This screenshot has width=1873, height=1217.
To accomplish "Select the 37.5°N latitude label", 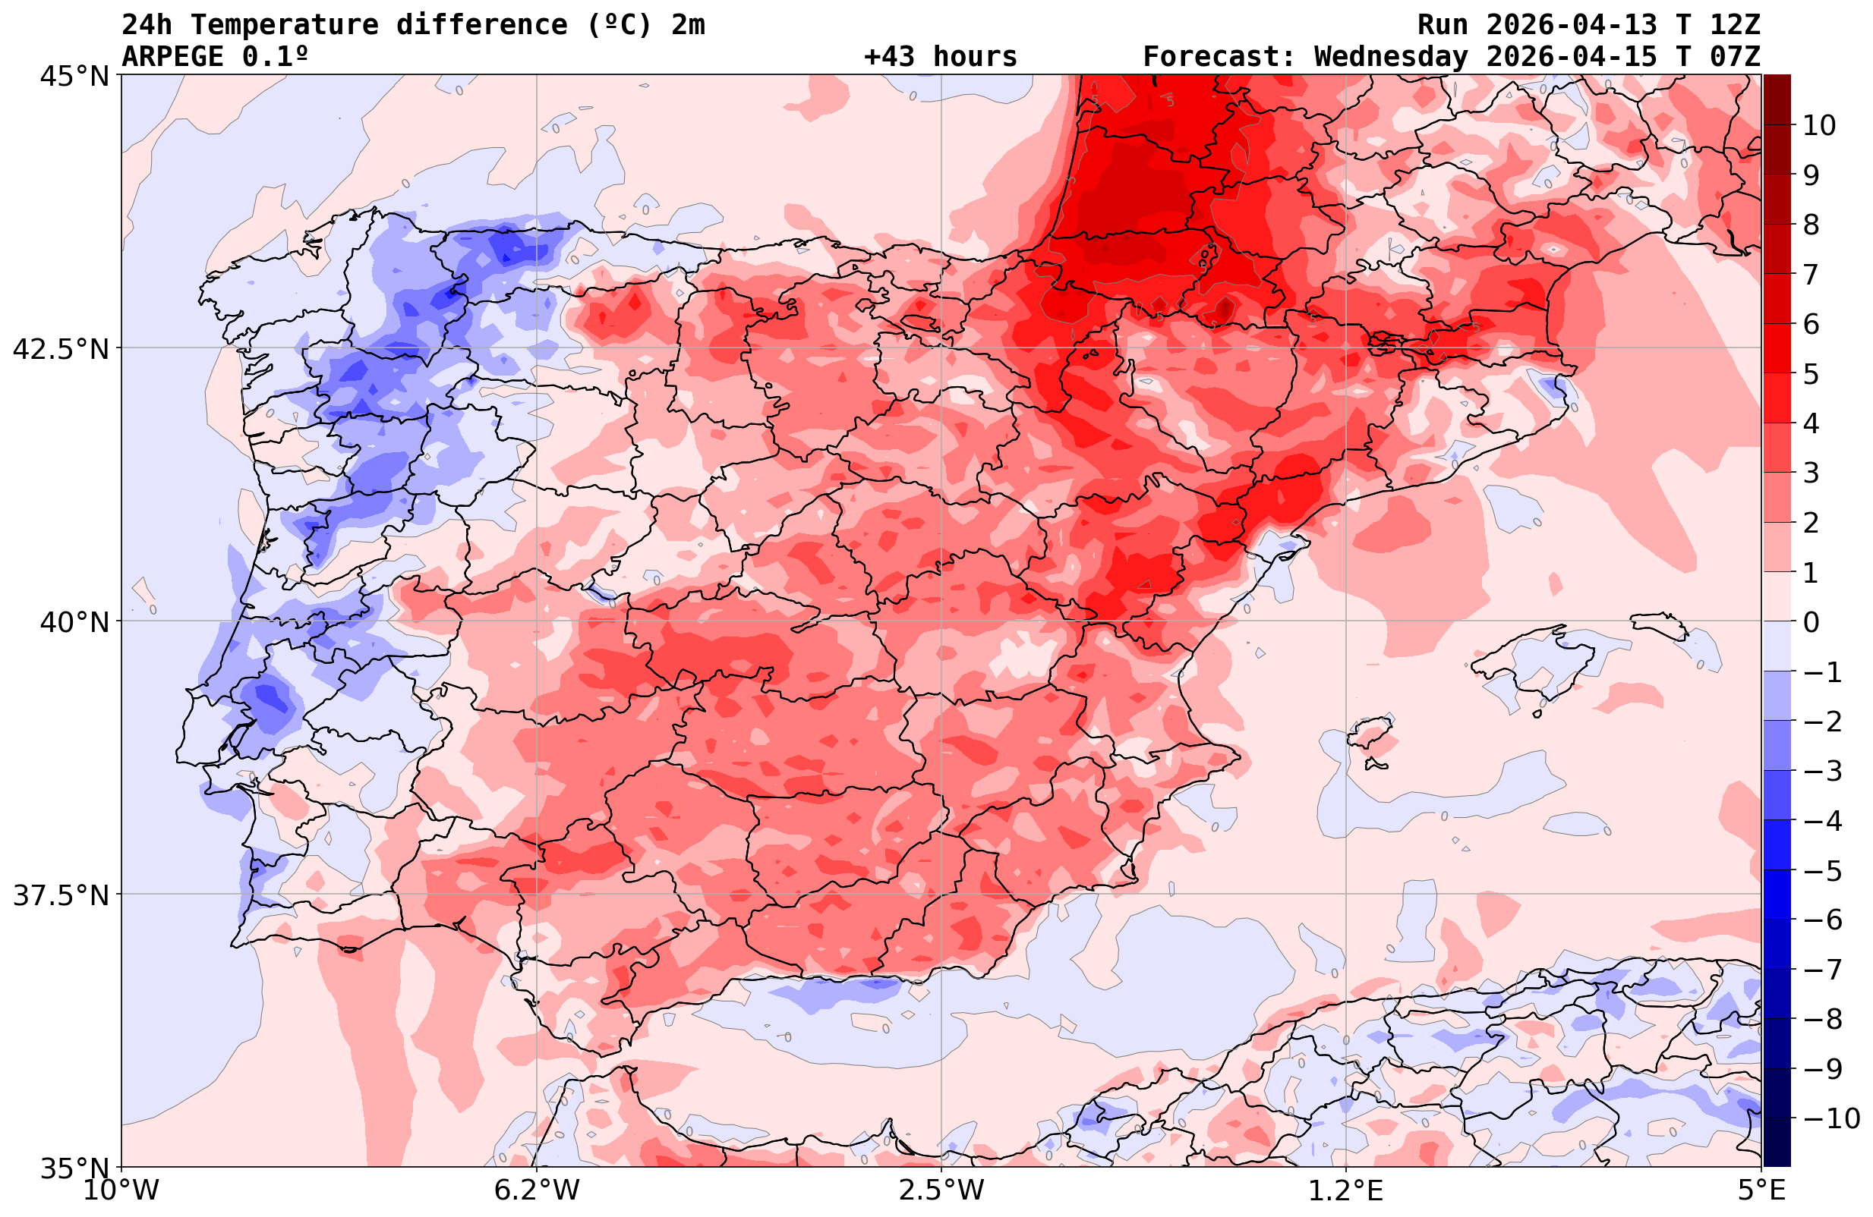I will (61, 895).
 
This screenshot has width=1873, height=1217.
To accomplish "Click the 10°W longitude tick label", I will (121, 1190).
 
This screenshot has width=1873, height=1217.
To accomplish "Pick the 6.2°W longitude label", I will (537, 1190).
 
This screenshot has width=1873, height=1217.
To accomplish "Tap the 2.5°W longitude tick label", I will (941, 1190).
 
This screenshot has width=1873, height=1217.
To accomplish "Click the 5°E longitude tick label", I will (1761, 1190).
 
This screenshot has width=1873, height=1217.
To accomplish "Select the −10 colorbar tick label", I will (1830, 1118).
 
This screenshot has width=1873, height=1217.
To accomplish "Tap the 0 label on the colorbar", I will (1811, 622).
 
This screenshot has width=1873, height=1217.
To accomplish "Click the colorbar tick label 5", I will (1811, 375).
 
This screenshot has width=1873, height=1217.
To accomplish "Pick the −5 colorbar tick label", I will (1821, 871).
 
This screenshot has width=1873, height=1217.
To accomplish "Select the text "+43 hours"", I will (941, 57).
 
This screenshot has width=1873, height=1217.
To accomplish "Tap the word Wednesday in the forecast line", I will (1391, 57).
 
